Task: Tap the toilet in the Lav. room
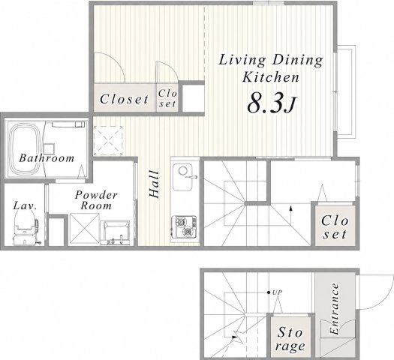point(25,227)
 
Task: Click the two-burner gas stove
point(184,227)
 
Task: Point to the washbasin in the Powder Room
point(115,232)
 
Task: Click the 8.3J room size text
point(272,103)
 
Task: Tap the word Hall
point(154,184)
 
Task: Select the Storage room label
point(290,340)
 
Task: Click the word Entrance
point(335,309)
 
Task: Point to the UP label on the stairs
point(278,292)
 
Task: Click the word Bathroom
point(47,158)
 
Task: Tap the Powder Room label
point(96,200)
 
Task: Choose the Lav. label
point(25,205)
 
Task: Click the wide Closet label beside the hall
point(124,99)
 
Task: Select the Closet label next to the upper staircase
point(335,227)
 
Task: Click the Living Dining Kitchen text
point(271,69)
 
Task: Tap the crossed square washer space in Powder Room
point(84,229)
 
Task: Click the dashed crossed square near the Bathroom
point(108,141)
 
